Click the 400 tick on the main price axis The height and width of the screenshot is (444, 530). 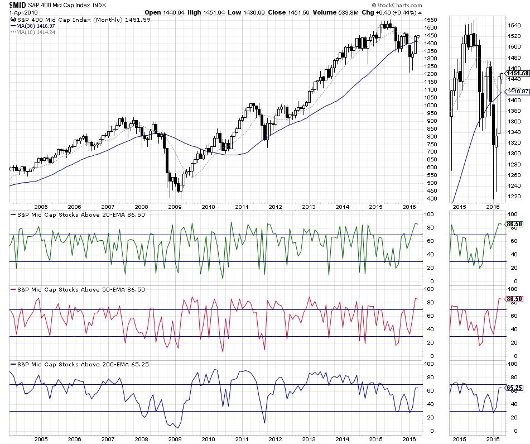point(429,199)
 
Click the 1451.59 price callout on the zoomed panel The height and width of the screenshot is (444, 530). point(517,73)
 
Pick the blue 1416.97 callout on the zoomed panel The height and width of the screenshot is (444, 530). point(517,91)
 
